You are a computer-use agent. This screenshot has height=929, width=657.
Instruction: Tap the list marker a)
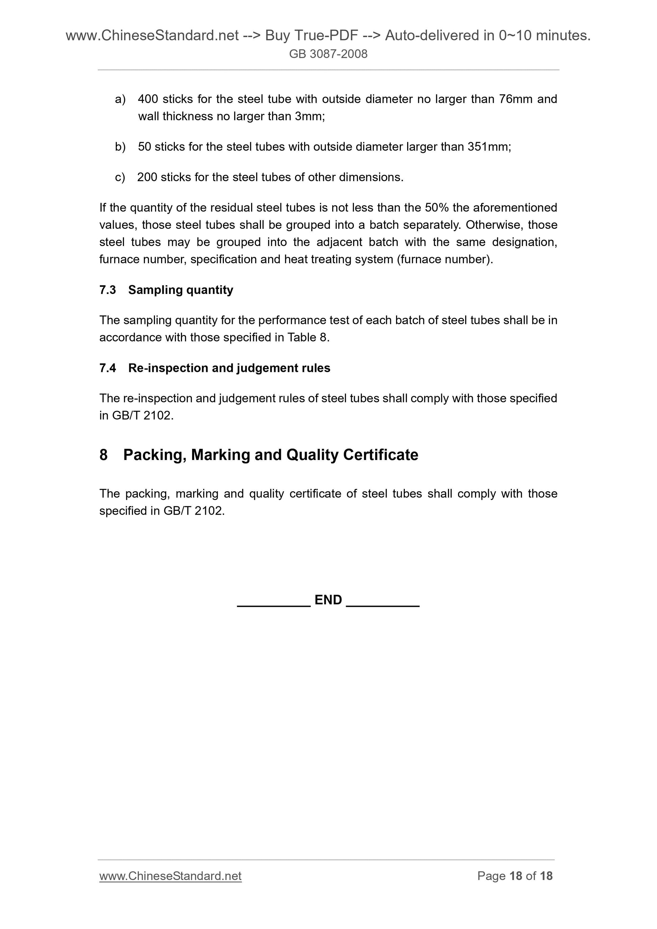point(120,99)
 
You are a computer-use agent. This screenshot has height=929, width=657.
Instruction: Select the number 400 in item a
point(148,99)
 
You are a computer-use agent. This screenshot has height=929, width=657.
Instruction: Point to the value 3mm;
point(310,116)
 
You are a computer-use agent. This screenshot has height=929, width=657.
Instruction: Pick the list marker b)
point(120,147)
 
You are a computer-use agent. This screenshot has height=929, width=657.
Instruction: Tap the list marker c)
point(120,177)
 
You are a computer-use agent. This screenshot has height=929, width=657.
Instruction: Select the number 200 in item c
point(147,177)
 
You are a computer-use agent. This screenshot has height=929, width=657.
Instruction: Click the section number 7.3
point(108,290)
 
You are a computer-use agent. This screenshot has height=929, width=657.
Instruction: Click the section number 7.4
point(108,368)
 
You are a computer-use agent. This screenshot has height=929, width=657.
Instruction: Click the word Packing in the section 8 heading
point(155,455)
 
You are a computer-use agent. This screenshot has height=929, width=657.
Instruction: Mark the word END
point(328,600)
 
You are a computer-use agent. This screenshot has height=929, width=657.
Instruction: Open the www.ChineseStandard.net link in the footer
point(170,876)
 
